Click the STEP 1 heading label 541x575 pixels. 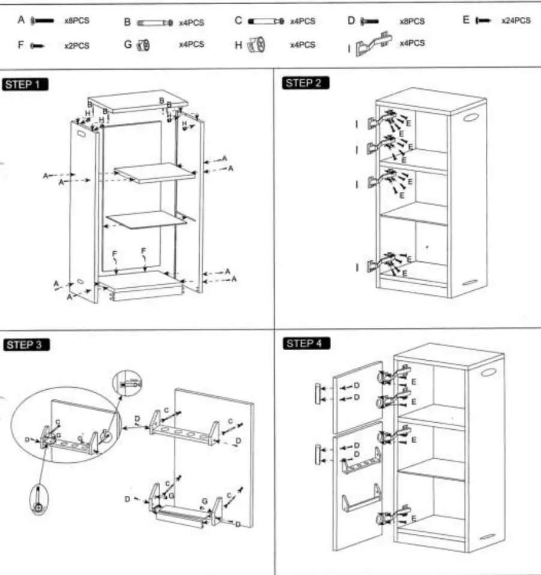25,84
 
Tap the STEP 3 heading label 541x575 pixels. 26,344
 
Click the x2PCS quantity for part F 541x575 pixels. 77,46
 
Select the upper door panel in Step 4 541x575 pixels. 357,397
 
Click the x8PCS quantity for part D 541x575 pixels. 411,21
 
